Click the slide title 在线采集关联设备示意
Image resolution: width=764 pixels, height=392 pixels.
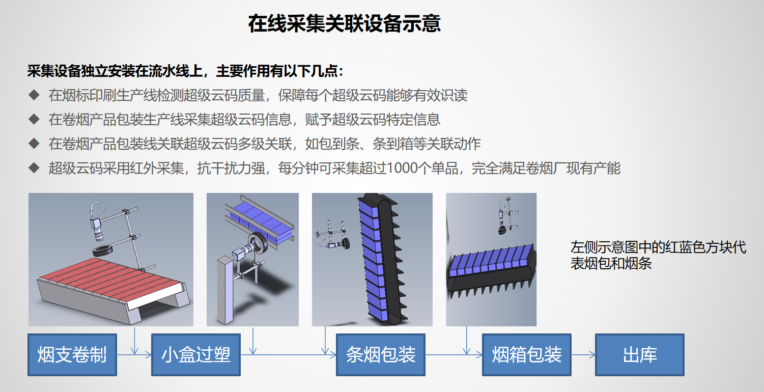point(344,23)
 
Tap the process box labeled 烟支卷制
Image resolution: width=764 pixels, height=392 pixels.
point(72,355)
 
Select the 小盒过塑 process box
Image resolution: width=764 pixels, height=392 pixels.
point(196,355)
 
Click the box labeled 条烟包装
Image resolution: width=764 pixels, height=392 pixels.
point(381,355)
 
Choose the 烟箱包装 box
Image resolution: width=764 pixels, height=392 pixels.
point(527,355)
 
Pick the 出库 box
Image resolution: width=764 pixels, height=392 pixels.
point(640,355)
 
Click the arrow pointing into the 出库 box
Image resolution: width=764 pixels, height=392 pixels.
point(583,355)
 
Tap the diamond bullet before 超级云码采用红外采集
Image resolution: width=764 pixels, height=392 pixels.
point(34,168)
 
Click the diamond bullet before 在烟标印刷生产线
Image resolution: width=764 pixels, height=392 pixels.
point(34,95)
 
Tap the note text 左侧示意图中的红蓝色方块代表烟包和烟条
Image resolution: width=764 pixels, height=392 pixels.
point(658,255)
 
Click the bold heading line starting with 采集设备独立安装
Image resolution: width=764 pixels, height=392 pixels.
point(185,71)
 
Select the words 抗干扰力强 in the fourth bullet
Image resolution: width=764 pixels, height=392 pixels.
point(231,168)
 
